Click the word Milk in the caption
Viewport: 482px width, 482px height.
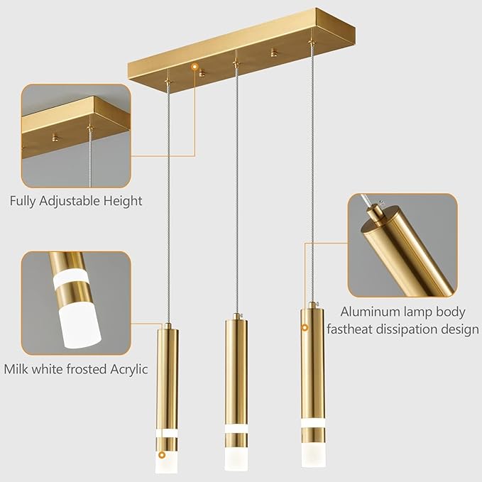coord(18,368)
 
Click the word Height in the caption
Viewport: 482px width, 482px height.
coord(123,201)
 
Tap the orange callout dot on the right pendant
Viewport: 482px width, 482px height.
coord(305,328)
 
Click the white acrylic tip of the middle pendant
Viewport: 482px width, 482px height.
coord(236,458)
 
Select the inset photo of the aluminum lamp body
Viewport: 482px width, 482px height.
coord(402,245)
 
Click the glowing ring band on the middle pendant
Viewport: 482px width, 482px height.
coord(236,429)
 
